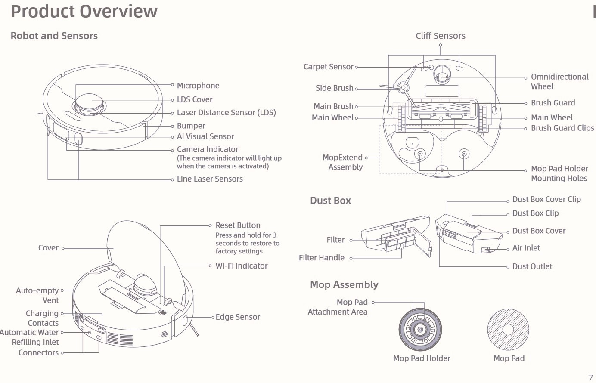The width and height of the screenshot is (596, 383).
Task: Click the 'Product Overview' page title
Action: coord(84,11)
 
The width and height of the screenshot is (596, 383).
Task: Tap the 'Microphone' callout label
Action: coord(198,86)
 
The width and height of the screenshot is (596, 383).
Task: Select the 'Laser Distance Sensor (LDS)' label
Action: coord(227,112)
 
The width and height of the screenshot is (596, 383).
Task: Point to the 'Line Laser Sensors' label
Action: coord(210,179)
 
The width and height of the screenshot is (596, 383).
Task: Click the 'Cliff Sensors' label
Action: coord(441,36)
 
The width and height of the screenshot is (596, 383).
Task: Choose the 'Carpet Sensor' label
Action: coord(328,67)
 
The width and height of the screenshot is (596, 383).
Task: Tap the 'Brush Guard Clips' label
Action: coord(562,128)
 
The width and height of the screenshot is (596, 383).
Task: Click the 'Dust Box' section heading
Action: coord(330,200)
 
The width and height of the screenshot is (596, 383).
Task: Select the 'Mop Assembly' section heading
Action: coord(344,284)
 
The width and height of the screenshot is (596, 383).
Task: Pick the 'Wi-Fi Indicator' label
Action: coord(241,266)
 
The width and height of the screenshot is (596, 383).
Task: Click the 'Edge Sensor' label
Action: coord(238,317)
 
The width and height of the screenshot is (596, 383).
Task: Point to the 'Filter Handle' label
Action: coord(321,258)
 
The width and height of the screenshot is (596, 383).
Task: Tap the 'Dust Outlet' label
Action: coord(532,266)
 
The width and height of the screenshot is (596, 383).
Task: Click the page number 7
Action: coord(590,378)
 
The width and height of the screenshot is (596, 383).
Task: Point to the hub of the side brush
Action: coord(404,87)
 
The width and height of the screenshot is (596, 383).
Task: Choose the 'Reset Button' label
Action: coord(238,225)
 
